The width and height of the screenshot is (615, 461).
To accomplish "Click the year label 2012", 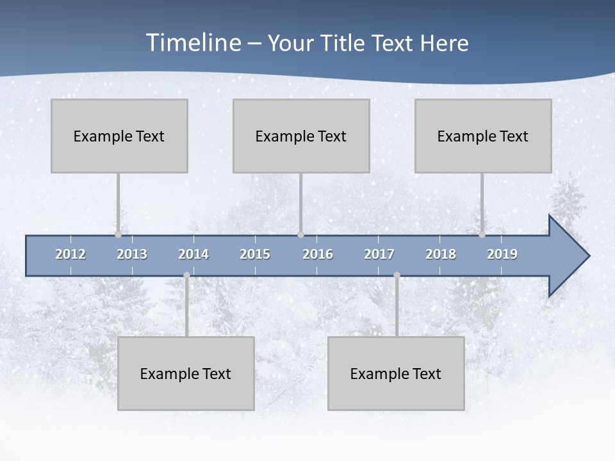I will coord(70,254).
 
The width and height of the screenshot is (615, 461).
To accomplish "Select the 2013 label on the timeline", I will coord(132,254).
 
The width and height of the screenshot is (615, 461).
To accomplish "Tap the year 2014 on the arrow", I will coord(193,254).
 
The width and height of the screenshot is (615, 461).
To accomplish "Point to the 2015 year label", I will coord(255,254).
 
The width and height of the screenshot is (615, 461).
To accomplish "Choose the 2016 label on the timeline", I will coord(318,254).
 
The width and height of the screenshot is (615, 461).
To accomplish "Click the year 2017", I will coord(379,254).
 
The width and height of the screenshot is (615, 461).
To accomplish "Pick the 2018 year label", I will coord(441,254).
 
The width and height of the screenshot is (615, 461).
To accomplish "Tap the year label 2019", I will coord(502,254).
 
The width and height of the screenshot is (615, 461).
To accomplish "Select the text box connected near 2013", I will coord(119,136).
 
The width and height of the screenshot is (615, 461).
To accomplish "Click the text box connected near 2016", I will coord(301,136).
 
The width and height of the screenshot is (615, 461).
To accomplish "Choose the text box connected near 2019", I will coord(483,136).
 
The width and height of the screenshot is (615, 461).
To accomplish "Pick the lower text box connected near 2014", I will coord(186,373).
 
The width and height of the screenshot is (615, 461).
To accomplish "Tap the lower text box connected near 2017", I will coord(396,373).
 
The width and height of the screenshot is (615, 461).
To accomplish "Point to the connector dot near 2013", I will coord(118,235).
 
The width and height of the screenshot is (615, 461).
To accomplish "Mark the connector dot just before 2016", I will coord(300,235).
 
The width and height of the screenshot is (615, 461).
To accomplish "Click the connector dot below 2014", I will coord(186,275).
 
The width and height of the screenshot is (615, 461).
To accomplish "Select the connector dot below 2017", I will coord(397,275).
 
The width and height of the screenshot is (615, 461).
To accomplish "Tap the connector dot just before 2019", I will coord(482,235).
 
